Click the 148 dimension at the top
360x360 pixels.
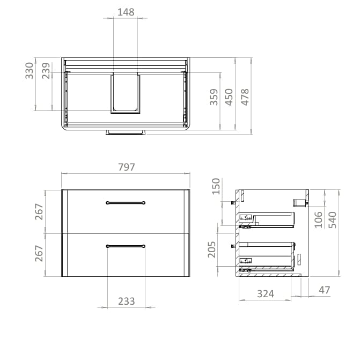(126, 11)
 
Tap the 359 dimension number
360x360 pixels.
(214, 97)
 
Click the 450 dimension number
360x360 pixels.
(230, 97)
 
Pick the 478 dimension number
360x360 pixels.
(245, 97)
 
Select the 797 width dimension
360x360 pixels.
(126, 167)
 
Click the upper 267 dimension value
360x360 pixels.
(39, 211)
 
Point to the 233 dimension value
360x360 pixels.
(126, 302)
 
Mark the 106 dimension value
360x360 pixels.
(319, 220)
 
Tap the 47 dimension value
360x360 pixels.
(324, 290)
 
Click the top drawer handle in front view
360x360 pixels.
(126, 202)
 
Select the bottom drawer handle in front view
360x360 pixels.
(126, 246)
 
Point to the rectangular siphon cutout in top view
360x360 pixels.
(126, 94)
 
